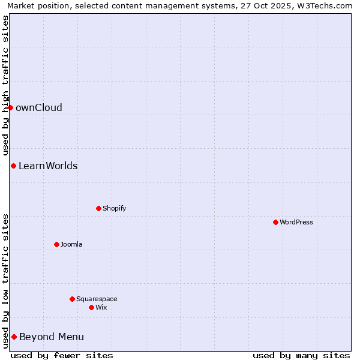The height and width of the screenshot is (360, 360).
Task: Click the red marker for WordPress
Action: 275,222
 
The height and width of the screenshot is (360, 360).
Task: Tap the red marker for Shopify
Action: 98,208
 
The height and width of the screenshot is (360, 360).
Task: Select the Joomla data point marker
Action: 56,244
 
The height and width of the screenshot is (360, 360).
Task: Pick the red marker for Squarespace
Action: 72,299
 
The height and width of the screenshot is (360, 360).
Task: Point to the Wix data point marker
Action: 91,307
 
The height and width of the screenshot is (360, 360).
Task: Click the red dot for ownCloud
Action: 10,107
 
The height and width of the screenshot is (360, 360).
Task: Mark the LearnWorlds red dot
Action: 13,166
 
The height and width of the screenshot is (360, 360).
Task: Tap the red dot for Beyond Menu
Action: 14,337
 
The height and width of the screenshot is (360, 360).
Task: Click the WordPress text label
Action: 296,222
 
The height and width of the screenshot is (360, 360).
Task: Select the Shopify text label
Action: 115,208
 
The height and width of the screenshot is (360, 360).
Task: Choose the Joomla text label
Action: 71,244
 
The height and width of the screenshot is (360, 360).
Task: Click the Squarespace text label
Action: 97,299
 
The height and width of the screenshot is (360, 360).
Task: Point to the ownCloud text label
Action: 39,108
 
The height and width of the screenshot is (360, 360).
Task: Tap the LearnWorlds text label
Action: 48,166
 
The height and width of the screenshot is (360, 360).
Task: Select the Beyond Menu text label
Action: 52,337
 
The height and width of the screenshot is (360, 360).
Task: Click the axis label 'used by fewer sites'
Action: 62,355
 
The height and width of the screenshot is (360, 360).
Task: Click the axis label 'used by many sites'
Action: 301,355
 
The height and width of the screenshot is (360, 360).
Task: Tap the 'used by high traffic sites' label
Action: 6,86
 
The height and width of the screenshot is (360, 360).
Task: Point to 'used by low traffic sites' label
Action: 6,281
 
